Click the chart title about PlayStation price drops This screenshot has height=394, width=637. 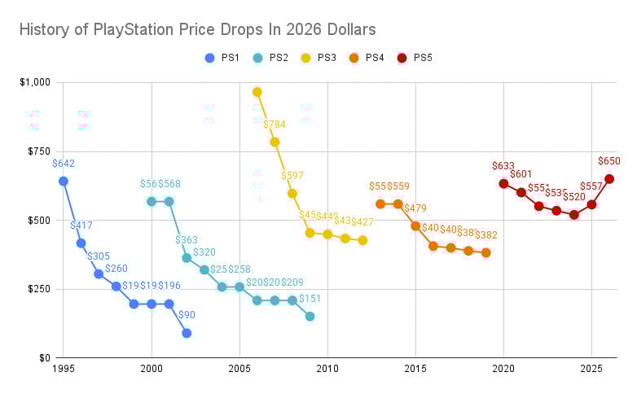198,30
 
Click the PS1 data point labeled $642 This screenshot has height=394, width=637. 64,181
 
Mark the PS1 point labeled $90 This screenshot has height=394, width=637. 187,333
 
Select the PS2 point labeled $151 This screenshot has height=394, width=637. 310,316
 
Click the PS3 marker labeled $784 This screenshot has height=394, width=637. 275,142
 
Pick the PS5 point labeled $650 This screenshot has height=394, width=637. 608,179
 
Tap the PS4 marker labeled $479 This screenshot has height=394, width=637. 415,225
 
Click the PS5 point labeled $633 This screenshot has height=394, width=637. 503,183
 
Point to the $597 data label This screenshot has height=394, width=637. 292,176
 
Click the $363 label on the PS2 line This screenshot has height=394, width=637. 187,240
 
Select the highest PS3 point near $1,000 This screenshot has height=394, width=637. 257,92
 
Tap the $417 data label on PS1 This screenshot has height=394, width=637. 81,225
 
